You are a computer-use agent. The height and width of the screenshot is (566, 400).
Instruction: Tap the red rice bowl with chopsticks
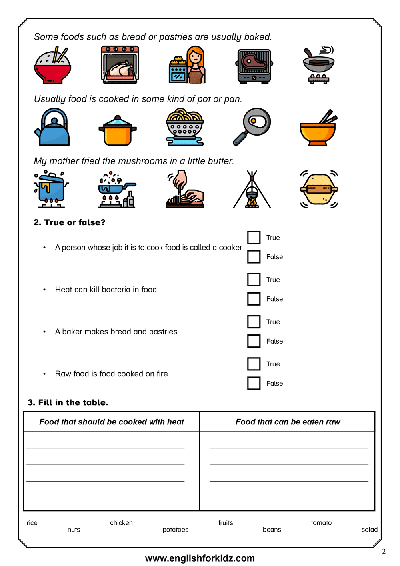[52, 66]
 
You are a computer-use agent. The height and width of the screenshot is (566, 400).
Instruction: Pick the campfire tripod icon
[252, 190]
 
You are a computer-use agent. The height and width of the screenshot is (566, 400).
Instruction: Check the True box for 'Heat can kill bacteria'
[254, 280]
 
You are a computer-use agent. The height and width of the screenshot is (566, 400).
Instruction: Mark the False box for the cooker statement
[254, 257]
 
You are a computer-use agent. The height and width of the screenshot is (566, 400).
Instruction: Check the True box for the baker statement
[254, 322]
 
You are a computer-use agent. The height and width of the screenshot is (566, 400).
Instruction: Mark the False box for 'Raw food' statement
[254, 383]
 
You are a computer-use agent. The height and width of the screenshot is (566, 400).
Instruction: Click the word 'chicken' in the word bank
[121, 523]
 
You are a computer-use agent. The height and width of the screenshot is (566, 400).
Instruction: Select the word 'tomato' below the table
[321, 523]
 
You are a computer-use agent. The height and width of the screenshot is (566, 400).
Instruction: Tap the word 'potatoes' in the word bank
[175, 530]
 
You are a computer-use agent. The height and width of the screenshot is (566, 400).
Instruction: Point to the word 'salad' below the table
[369, 530]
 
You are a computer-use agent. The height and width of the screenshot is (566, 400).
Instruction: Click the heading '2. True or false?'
[69, 222]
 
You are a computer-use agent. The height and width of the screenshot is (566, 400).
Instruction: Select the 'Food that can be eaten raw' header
[288, 422]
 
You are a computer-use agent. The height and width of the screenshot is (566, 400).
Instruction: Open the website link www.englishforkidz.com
[200, 558]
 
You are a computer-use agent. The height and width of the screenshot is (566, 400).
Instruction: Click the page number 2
[384, 551]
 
